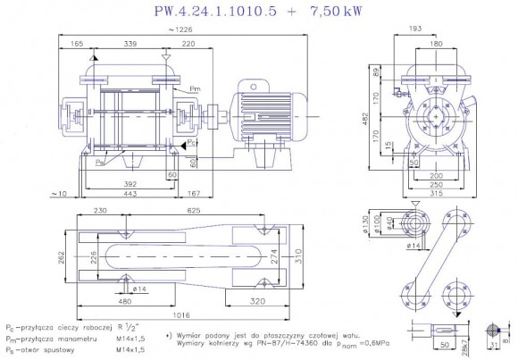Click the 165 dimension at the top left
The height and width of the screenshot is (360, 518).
(x=77, y=43)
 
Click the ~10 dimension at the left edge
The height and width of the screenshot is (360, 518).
(x=59, y=194)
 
